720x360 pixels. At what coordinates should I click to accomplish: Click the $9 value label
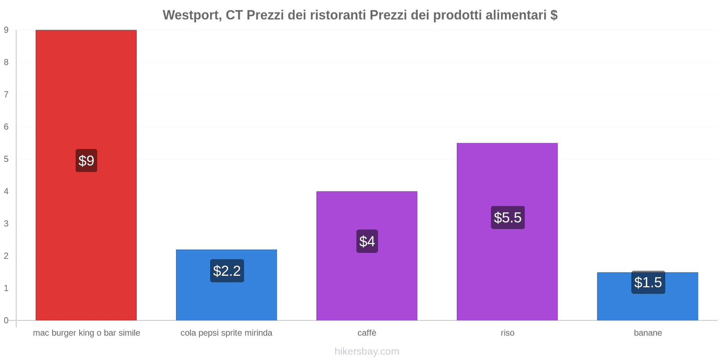86,161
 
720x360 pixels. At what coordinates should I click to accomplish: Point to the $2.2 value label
227,271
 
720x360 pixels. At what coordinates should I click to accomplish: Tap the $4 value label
367,241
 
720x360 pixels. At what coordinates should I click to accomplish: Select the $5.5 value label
508,218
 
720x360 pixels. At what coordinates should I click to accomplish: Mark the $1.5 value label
648,283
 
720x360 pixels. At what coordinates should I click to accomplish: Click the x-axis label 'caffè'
367,333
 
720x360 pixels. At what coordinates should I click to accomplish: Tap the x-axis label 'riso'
507,333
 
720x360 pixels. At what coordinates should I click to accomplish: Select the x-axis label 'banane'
648,333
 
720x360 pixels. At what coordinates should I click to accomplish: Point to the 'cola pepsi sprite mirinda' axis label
226,333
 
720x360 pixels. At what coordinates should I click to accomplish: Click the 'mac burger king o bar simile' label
86,333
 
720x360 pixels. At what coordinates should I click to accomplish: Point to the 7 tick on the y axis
6,94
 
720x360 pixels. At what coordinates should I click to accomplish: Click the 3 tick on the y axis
6,224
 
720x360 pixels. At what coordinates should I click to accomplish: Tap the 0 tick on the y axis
6,320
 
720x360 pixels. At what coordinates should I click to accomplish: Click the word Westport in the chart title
191,15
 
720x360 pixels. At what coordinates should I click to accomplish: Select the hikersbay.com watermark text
367,351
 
